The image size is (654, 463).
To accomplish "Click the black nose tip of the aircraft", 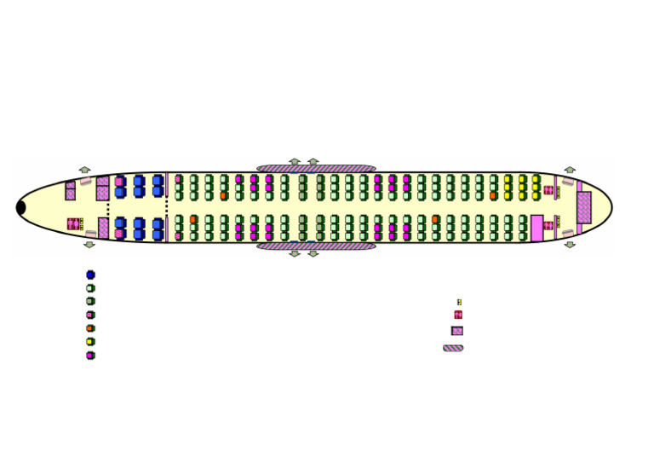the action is (x=21, y=207).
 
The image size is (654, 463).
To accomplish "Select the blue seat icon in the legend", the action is (x=90, y=275).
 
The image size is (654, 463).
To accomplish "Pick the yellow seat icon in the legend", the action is (x=90, y=342).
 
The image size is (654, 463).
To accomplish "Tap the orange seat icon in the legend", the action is (x=90, y=328).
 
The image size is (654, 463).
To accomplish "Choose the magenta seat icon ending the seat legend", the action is (x=90, y=356).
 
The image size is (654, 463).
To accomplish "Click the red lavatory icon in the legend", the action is (x=458, y=315).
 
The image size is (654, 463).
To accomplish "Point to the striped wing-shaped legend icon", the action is (x=453, y=348).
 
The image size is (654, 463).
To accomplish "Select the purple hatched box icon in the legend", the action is (x=457, y=331).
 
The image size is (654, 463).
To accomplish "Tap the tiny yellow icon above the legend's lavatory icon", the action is (x=459, y=302).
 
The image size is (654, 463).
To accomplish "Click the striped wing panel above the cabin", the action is (x=316, y=169).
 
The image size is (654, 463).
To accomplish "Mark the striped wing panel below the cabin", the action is (x=316, y=246).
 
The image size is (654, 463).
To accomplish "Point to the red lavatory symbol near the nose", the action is (x=74, y=224).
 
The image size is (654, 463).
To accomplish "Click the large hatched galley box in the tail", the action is (x=583, y=207).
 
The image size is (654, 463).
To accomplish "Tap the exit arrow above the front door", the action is (x=84, y=170).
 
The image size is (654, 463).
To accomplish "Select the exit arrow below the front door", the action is (x=89, y=245).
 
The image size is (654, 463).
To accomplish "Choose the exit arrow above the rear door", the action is (x=570, y=170).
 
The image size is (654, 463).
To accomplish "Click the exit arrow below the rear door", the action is (x=570, y=245).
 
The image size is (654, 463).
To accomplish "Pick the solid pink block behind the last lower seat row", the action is (x=536, y=228).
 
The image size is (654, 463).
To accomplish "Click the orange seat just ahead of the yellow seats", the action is (x=493, y=195).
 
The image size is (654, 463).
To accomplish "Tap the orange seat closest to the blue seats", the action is (x=193, y=219).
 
